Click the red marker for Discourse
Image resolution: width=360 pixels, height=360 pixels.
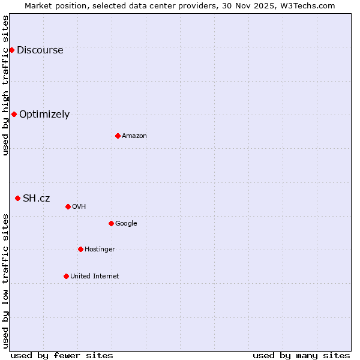(11, 50)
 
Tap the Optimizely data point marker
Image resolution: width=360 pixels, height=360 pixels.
(14, 114)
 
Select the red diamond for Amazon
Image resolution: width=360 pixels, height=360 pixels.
(118, 136)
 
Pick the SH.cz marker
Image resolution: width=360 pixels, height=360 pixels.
(17, 198)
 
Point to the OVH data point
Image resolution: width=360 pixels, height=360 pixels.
(68, 206)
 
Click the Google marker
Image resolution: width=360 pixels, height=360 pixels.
(111, 223)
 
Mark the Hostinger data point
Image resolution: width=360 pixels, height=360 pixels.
(80, 249)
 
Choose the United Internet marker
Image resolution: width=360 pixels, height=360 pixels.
(66, 276)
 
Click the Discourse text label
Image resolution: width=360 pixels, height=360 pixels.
(40, 50)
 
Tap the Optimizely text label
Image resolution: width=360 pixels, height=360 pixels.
(44, 115)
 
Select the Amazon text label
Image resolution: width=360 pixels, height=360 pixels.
(134, 136)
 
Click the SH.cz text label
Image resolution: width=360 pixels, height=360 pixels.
(37, 199)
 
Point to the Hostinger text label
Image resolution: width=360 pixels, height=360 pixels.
(100, 250)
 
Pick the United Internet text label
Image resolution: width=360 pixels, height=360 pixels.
(95, 277)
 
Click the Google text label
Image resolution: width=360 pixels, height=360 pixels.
(126, 224)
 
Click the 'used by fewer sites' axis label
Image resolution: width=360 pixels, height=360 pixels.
(62, 355)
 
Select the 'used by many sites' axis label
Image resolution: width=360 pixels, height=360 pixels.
(301, 355)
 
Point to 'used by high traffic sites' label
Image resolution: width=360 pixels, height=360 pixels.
(6, 85)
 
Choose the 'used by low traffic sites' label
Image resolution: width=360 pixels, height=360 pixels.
(6, 281)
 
